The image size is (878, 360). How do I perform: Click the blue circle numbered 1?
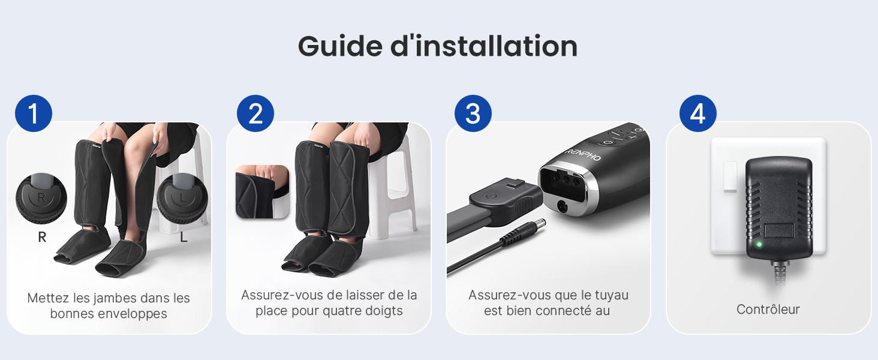tap(34, 113)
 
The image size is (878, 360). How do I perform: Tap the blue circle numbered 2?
tap(255, 113)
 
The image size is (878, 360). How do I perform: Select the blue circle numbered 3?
tap(473, 113)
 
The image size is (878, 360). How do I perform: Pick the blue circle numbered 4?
tap(697, 113)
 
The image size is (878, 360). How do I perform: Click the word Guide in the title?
tap(340, 46)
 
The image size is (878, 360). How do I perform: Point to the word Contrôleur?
tap(768, 310)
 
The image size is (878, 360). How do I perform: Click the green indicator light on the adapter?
tap(759, 245)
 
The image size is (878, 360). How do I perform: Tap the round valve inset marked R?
tap(41, 199)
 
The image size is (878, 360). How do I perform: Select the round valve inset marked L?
tap(182, 199)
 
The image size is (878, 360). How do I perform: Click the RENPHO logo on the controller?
tap(583, 155)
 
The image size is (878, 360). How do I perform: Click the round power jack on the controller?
tap(563, 206)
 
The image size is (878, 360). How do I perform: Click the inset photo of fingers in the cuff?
tap(262, 191)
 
